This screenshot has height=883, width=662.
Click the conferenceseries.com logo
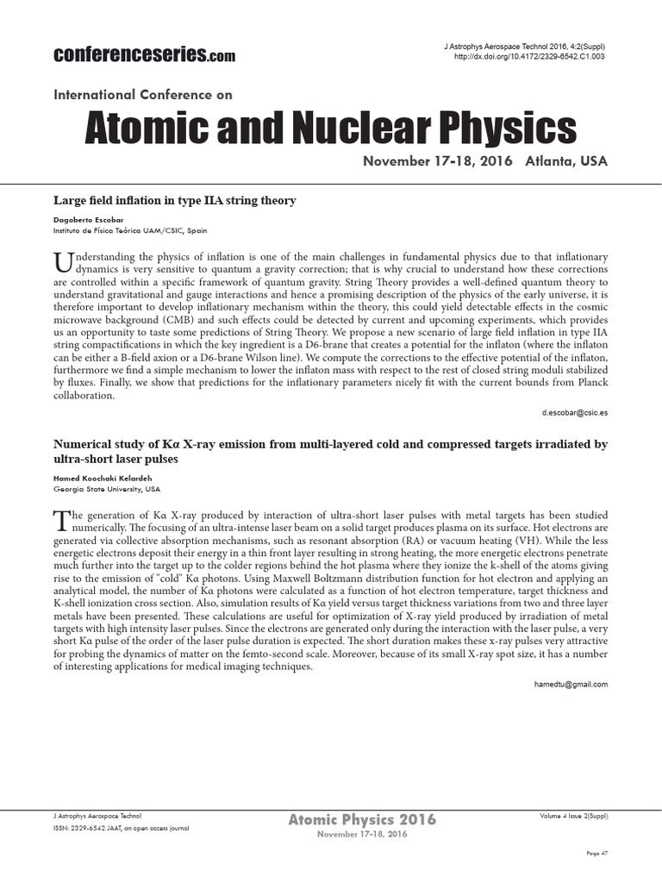pos(144,55)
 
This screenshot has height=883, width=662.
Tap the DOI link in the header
pos(529,56)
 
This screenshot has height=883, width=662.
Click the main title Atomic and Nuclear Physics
pos(330,128)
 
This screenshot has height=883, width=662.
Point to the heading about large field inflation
pos(175,200)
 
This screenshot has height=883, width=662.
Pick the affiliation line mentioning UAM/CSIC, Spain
pos(129,231)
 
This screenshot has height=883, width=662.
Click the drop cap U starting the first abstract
pos(60,260)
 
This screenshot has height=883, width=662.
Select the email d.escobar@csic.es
pos(575,413)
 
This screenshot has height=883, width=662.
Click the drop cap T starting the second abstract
pos(59,519)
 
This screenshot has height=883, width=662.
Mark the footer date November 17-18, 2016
pos(362,835)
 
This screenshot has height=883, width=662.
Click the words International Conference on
pos(143,95)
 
